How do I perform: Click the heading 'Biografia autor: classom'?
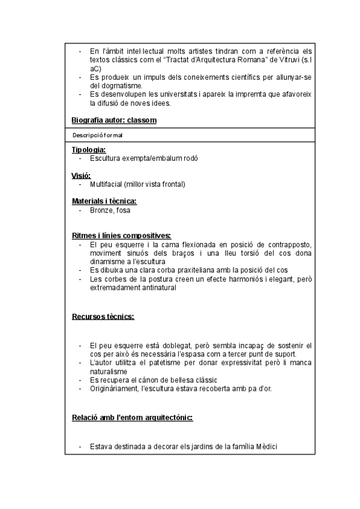pyautogui.click(x=114, y=120)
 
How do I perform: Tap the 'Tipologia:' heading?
pyautogui.click(x=89, y=149)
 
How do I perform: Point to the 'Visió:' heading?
pyautogui.click(x=81, y=175)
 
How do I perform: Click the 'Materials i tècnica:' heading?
pyautogui.click(x=104, y=201)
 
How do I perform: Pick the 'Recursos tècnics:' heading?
pyautogui.click(x=103, y=316)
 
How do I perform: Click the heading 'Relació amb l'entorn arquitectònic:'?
pyautogui.click(x=132, y=418)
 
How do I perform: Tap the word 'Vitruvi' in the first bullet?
pyautogui.click(x=287, y=61)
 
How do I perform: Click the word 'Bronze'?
pyautogui.click(x=101, y=210)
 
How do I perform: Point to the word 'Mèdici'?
pyautogui.click(x=266, y=447)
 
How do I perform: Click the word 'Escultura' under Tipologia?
pyautogui.click(x=104, y=158)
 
